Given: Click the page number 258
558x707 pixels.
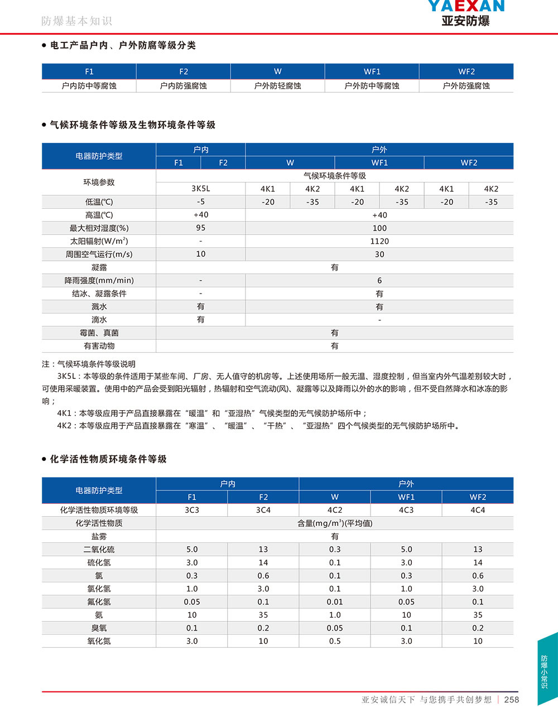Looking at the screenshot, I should point(511,699).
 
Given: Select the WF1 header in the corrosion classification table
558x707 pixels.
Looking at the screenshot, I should point(372,71).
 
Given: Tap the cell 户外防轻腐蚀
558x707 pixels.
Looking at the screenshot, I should point(277,86).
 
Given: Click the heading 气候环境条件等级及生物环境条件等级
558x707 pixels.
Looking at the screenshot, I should point(132,125).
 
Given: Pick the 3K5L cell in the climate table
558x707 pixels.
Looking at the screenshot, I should point(201,189).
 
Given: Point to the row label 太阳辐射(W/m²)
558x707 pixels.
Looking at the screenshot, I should point(99,241).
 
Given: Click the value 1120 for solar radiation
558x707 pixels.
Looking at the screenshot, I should point(379,241).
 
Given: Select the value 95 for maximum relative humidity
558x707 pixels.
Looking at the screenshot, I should point(201,228).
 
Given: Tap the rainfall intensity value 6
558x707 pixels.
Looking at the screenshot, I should point(379,280).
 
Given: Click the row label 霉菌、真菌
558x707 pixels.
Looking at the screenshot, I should point(99,333).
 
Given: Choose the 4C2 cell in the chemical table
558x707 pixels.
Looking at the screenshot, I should point(335,510).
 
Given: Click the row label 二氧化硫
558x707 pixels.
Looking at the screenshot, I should point(99,550).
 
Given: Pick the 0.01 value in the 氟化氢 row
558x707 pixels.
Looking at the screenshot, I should point(335,602).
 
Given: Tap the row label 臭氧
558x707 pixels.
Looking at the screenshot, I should point(99,628).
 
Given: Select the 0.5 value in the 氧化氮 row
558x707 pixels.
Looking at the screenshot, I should point(335,641).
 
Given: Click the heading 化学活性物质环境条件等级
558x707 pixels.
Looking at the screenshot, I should point(108,459).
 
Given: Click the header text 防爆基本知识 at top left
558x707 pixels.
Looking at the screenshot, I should point(76,21).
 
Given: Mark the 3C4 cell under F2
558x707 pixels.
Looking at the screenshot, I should point(263,510).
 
